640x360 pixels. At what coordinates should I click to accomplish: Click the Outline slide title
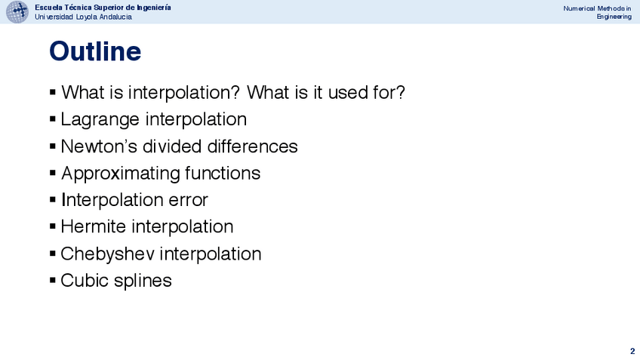click(95, 51)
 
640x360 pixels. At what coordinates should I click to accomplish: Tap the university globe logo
click(17, 12)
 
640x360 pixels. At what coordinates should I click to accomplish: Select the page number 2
click(632, 351)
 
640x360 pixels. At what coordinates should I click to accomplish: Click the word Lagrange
click(100, 119)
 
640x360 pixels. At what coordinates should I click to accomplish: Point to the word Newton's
click(99, 146)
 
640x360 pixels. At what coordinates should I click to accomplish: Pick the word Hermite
click(93, 226)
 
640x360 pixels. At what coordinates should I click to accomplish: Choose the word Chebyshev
click(108, 254)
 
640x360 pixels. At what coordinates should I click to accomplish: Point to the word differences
click(253, 146)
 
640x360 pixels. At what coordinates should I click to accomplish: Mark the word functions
click(223, 173)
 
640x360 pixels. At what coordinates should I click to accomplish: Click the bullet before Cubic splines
click(53, 280)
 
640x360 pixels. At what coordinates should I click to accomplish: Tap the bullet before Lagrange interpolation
click(53, 118)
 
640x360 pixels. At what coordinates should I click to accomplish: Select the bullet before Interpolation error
click(53, 199)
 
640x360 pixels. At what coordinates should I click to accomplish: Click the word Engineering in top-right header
click(614, 17)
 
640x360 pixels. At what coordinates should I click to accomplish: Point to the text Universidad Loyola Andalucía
click(83, 17)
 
